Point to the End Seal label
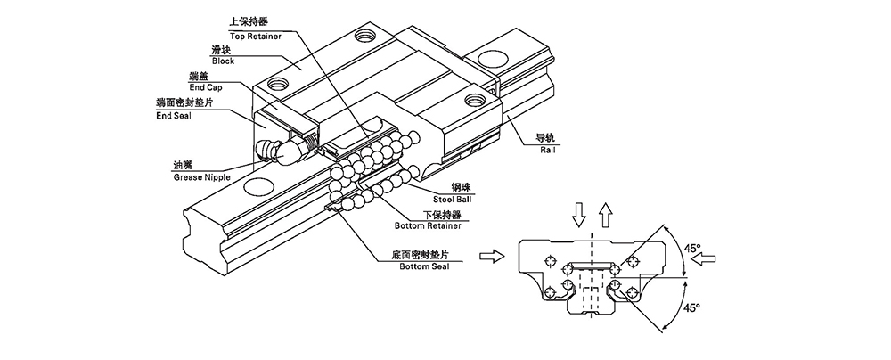click(x=175, y=115)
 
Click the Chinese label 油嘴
click(x=186, y=166)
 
